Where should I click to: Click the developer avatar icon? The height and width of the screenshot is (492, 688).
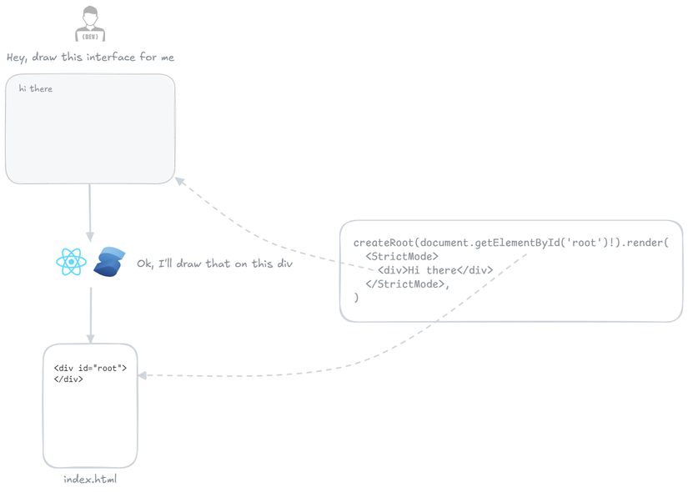(90, 23)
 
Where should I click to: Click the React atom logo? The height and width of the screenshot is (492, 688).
(72, 262)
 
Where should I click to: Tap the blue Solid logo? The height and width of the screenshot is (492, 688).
(109, 262)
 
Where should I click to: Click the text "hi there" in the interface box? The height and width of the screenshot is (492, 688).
(36, 88)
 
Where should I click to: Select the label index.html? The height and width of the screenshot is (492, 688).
(90, 479)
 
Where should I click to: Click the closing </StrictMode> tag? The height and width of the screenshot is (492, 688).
(408, 284)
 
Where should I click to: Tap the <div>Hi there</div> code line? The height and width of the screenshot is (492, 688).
(434, 270)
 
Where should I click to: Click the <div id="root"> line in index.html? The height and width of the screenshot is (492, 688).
(90, 368)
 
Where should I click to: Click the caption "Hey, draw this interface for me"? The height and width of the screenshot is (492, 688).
(90, 58)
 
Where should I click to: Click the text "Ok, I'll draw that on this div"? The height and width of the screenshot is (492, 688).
(214, 264)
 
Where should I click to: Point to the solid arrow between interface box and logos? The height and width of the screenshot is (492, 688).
(90, 213)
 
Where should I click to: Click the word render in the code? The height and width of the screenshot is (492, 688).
(643, 243)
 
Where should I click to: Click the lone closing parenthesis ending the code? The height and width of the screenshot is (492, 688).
(356, 297)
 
